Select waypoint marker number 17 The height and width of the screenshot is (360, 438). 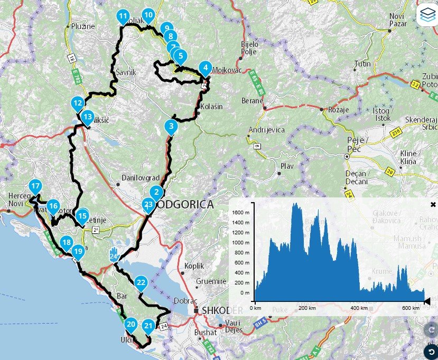coord(35,186)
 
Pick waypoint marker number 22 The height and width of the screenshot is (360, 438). coord(141,282)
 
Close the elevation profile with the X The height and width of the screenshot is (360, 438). coord(433,204)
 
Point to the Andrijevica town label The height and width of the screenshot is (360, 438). coord(267,130)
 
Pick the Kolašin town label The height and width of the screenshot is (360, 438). coord(212,107)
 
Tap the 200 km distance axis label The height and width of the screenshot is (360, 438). coord(304,308)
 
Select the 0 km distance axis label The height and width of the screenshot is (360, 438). coord(255,308)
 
